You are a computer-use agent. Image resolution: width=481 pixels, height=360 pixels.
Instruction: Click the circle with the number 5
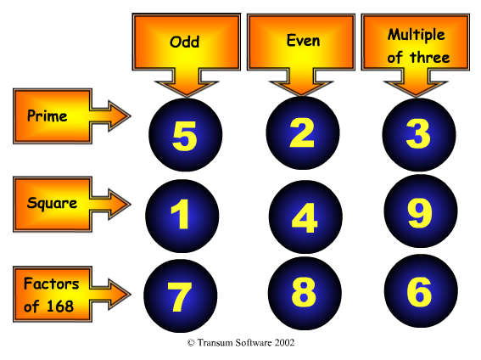185,135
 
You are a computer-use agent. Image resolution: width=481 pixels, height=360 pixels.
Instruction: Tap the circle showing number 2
303,133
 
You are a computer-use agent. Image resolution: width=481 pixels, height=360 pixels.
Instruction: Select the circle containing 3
419,134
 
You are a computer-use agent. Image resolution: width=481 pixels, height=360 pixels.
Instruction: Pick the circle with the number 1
182,216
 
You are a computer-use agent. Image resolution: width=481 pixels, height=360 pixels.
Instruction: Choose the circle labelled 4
305,217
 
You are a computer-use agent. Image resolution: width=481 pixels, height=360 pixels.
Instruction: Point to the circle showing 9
421,211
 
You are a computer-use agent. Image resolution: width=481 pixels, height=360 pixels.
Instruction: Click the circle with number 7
181,295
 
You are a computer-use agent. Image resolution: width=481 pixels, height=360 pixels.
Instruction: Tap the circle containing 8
305,294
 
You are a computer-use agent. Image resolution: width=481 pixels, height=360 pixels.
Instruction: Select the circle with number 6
421,291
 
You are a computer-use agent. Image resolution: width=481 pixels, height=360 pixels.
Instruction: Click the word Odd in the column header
185,42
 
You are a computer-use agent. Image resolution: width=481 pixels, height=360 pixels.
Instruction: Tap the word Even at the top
303,41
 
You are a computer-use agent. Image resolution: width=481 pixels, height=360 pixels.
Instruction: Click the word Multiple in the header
417,35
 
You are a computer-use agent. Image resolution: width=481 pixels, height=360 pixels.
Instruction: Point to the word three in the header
430,58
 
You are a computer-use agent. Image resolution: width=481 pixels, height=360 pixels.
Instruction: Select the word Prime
48,115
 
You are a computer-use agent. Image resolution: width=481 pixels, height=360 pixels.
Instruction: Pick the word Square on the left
52,204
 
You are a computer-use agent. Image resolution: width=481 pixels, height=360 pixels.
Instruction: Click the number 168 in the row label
60,306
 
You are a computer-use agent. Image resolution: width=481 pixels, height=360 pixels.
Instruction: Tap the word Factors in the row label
52,284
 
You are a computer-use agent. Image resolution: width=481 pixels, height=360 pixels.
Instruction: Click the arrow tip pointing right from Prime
131,116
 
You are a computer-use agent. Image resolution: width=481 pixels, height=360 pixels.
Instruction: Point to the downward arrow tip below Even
301,96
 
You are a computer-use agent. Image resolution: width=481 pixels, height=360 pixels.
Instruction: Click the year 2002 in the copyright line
284,342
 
